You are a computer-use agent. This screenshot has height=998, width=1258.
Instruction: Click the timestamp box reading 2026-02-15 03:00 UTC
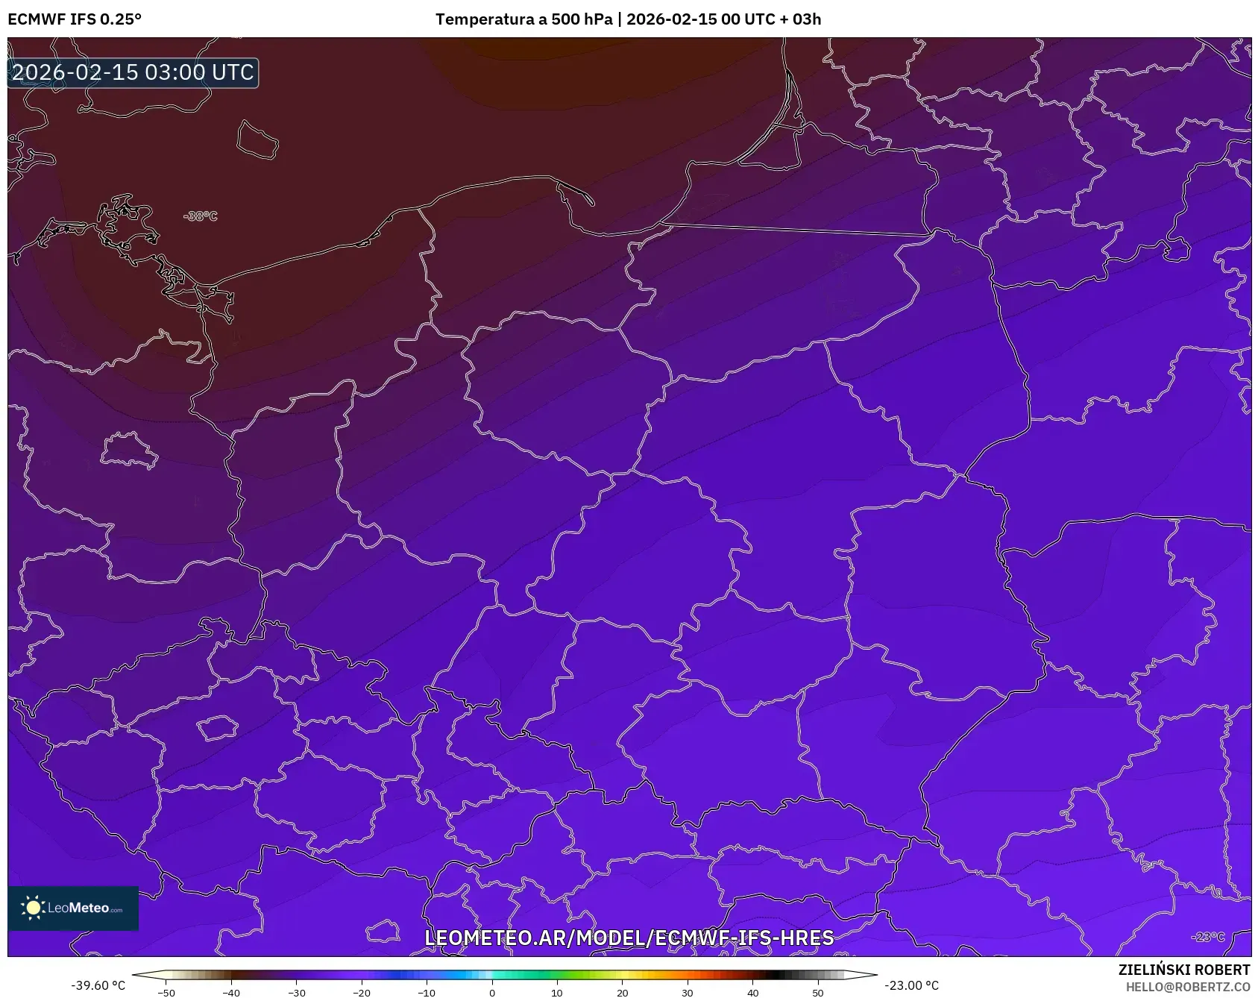(133, 72)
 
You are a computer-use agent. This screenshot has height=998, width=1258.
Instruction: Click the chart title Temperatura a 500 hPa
(523, 19)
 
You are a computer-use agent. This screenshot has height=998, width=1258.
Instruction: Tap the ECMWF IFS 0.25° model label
(75, 19)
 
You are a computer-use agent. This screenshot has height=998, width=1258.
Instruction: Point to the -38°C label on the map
(201, 216)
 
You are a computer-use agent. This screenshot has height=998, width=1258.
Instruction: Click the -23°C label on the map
(1207, 937)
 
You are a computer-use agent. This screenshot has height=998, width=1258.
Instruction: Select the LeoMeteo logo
(73, 908)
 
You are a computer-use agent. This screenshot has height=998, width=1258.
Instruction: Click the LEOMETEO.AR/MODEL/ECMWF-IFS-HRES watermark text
(629, 938)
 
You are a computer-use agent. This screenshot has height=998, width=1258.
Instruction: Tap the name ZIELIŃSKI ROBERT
(1183, 970)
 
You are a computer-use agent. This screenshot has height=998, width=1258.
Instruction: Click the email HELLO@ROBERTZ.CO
(1187, 987)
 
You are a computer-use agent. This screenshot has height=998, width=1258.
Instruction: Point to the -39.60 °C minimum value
(98, 985)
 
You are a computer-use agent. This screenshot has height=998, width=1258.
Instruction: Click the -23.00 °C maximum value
(911, 985)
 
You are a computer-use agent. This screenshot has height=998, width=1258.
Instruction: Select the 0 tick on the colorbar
(491, 992)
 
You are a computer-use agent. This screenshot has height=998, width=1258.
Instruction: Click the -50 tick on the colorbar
(166, 992)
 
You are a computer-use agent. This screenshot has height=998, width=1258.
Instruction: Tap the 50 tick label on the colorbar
(817, 992)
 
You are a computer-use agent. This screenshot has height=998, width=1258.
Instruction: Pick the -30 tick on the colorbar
(296, 992)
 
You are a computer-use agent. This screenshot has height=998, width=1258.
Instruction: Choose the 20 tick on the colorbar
(622, 992)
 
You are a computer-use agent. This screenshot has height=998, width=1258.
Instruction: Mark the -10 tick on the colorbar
(426, 992)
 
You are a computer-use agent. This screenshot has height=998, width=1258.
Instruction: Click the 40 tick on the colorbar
(752, 992)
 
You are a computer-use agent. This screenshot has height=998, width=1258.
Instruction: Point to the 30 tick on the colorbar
(687, 992)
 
